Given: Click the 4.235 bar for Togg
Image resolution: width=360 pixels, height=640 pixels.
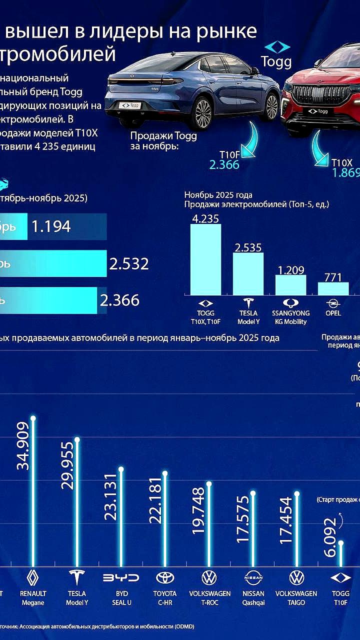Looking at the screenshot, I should point(205,259).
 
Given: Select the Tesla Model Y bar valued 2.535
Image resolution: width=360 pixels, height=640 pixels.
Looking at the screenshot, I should point(248,273).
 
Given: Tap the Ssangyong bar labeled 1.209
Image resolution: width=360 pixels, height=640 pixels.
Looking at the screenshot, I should point(290,285).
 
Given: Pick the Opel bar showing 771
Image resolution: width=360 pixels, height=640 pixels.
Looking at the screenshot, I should point(333,288).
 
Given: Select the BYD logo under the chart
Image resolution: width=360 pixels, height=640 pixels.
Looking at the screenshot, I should point(120,578).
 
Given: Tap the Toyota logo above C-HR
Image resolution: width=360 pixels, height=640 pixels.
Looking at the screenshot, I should point(165,578).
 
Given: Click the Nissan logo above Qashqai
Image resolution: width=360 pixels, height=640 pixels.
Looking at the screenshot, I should point(253,578).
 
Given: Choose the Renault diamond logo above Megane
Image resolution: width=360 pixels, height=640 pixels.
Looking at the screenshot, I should point(33,578).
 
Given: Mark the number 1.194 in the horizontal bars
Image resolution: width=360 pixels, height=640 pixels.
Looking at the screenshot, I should point(51,226).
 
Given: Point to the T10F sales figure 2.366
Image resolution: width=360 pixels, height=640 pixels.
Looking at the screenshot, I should point(224,164).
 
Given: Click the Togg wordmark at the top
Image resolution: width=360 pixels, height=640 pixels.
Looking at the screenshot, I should point(276,61).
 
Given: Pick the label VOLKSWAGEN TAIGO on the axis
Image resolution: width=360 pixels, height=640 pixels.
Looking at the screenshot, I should point(296,598).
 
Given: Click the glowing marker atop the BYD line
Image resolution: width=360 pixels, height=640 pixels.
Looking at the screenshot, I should point(120,469).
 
